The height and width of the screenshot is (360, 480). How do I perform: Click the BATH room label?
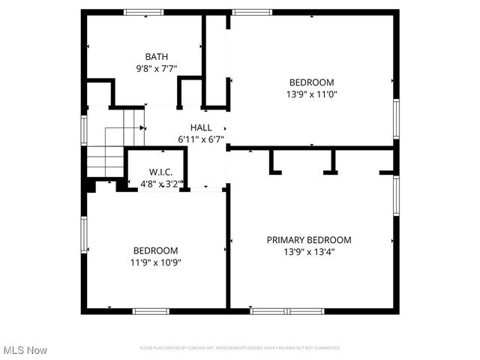157,56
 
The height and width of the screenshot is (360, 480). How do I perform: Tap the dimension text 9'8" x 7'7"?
157,68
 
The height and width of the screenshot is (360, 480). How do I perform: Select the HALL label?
200,127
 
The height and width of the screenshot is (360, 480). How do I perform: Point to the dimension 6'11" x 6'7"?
200,139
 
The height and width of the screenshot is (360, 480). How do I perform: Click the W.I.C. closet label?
160,172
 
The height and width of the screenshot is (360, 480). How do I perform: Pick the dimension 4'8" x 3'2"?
160,183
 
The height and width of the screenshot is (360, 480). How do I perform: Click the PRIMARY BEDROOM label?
309,240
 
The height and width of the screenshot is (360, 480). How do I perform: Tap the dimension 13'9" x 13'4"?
309,252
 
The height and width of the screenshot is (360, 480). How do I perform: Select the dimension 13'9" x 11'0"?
312,94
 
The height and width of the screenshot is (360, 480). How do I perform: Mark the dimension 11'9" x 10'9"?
156,262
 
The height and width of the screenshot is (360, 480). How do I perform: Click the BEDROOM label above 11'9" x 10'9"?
156,250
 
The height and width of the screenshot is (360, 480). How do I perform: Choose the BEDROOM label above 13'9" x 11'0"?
312,82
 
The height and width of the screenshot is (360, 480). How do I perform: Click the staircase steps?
105,157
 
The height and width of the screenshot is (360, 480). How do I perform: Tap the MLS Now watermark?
25,350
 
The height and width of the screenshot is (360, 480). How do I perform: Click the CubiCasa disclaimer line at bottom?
239,348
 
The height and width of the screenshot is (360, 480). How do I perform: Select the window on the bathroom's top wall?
144,12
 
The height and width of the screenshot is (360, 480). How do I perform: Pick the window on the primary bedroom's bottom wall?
287,310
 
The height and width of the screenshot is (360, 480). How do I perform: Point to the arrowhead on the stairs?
142,128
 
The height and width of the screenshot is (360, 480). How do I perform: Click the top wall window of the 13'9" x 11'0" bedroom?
252,12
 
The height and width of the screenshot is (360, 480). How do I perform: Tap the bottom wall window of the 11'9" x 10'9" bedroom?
151,310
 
